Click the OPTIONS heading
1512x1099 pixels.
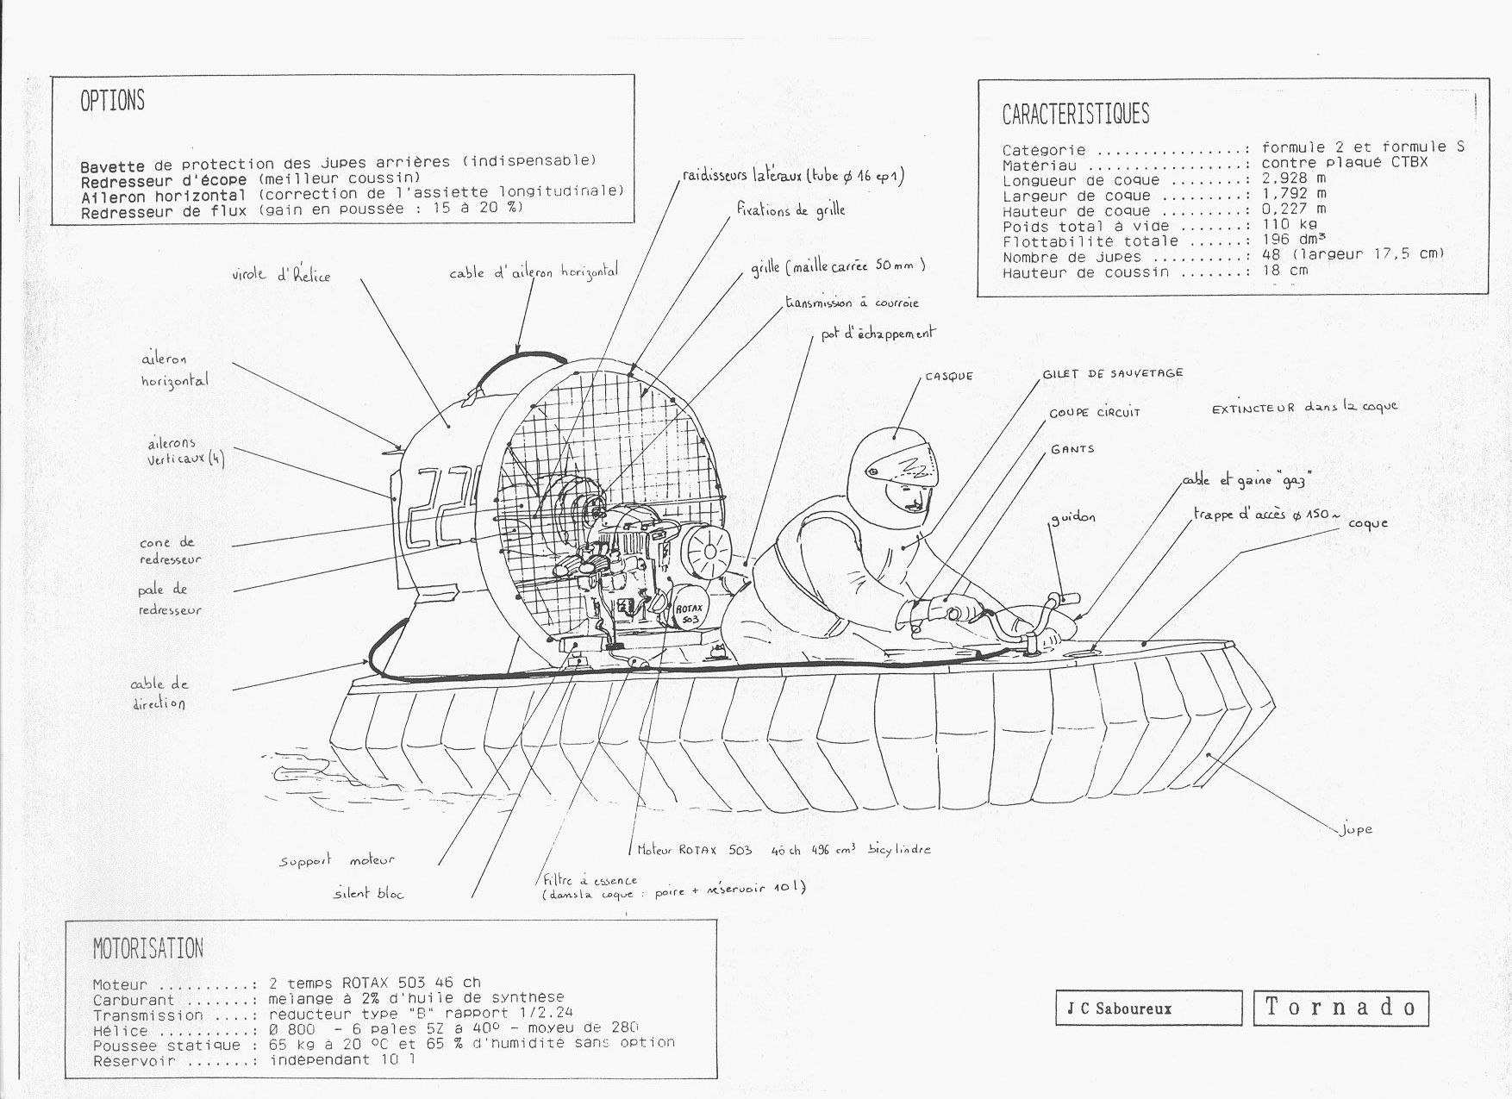tap(112, 101)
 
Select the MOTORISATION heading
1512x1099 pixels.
tap(147, 949)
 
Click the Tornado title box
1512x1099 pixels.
tap(1340, 1007)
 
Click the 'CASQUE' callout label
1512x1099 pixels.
tap(949, 377)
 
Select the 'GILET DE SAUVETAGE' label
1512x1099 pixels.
tap(1112, 374)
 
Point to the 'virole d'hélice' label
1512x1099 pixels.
tap(281, 276)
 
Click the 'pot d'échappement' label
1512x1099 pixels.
tap(878, 334)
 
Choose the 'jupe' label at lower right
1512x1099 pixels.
tap(1356, 829)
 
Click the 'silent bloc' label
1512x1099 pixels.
tap(368, 894)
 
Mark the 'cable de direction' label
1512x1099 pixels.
tap(159, 694)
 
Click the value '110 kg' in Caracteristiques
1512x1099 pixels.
tap(1289, 225)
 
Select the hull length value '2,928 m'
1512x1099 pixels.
tap(1294, 178)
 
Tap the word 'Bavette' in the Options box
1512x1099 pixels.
tap(115, 166)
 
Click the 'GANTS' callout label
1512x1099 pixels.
tap(1072, 450)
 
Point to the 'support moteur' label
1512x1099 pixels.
tap(336, 860)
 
